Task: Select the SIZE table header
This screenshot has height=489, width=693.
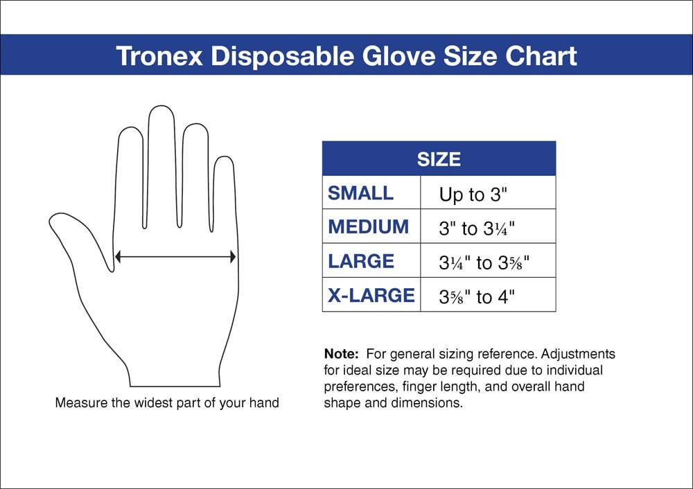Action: (x=439, y=159)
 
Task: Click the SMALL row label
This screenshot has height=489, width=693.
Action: (x=360, y=193)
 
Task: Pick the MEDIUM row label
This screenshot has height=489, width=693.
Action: (x=369, y=227)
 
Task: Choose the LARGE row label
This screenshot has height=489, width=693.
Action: (x=361, y=262)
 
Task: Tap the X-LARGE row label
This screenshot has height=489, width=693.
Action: (x=371, y=296)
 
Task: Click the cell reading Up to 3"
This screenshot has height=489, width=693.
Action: (x=473, y=195)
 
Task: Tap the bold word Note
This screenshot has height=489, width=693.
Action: (x=341, y=354)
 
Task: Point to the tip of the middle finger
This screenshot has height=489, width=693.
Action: (x=161, y=111)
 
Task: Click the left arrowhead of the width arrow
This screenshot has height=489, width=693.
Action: (x=119, y=257)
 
